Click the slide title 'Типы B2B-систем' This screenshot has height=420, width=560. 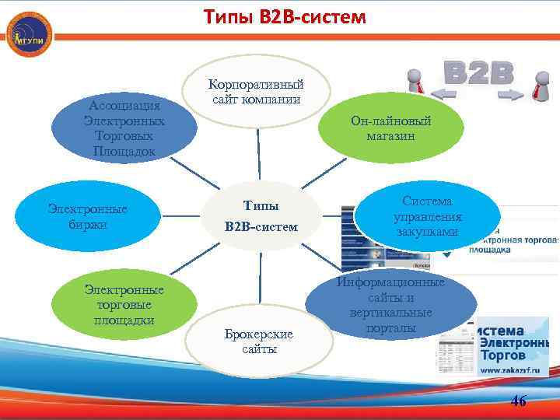tap(285, 16)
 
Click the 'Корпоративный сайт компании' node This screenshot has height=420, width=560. tap(257, 92)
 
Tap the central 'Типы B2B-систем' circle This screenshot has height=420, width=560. tap(261, 217)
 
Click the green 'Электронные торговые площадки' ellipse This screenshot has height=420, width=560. tap(124, 304)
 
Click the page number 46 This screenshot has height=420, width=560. tap(518, 401)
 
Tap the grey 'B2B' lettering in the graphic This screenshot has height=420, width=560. tap(479, 72)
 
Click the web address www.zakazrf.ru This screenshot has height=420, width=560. tap(511, 372)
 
